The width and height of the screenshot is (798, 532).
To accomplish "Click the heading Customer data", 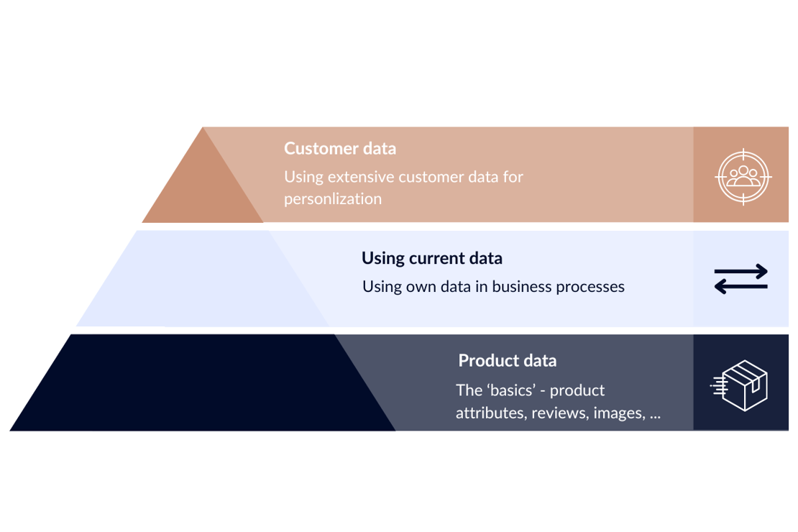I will click(x=339, y=149).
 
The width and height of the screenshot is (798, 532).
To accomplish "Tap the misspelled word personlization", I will click(x=332, y=199).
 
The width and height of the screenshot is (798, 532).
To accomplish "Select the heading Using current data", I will click(x=431, y=258).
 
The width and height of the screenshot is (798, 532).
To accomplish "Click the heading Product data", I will click(x=507, y=360).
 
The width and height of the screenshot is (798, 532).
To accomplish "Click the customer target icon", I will click(x=743, y=175).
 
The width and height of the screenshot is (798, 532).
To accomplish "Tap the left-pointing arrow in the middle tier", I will click(x=740, y=287).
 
